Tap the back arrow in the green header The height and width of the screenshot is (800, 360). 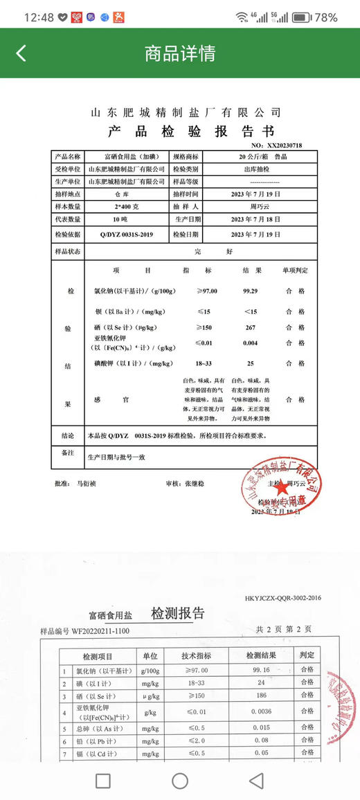click(x=21, y=53)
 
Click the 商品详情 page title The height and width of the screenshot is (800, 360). click(x=180, y=53)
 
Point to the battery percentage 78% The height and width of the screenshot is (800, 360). click(x=326, y=17)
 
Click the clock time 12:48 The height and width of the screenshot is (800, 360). click(x=39, y=17)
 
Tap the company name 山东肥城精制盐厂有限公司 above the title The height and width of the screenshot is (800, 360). click(x=186, y=112)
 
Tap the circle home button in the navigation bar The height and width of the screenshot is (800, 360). click(x=180, y=781)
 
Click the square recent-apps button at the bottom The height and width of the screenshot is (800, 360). click(x=102, y=781)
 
